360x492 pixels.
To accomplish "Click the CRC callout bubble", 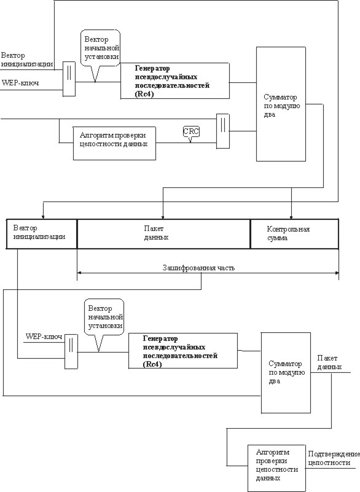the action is pos(191,132).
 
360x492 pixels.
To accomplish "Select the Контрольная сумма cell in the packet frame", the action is pos(294,234).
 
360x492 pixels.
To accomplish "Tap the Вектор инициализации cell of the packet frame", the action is pos(41,234).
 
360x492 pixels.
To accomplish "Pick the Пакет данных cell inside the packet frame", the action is pos(163,234).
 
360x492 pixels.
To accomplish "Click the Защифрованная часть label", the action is pos(198,268).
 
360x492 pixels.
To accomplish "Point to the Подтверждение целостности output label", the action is pos(334,458).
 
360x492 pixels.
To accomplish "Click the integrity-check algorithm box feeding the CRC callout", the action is pos(114,143).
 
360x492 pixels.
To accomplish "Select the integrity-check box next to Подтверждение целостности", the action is pos(276,467).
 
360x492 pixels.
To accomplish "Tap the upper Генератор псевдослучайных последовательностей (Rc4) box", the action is pos(175,81).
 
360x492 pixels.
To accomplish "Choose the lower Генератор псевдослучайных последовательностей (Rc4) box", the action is pos(183,351).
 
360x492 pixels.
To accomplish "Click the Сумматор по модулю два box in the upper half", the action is pos(281,104).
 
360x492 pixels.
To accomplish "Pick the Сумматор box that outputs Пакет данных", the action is pos(286,372).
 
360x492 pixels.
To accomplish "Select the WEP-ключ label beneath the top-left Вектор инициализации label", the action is pos(20,83).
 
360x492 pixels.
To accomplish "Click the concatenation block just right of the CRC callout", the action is pos(223,131).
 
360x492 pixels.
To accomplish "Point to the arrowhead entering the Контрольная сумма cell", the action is pos(292,217).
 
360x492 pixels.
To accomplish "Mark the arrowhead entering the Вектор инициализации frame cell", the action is pos(43,216).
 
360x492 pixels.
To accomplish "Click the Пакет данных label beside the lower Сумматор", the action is pos(329,362).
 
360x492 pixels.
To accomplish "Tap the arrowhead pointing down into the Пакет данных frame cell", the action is pos(163,217).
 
